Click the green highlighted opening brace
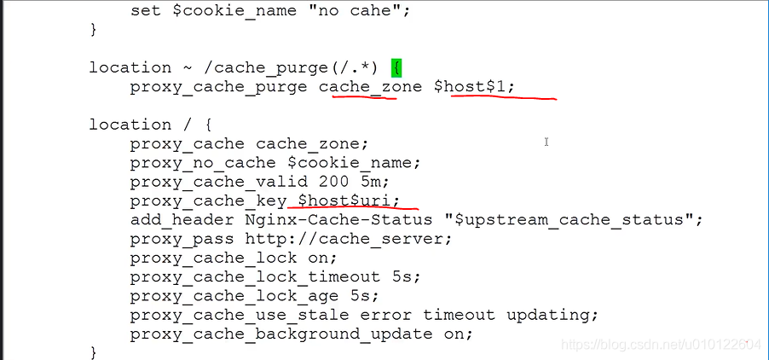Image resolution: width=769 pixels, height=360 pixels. click(x=396, y=67)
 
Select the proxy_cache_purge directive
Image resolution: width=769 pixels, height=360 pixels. click(x=218, y=87)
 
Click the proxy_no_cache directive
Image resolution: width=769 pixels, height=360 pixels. click(x=203, y=162)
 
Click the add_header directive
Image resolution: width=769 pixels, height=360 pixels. click(x=176, y=219)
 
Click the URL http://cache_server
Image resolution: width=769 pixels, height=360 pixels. click(x=349, y=238)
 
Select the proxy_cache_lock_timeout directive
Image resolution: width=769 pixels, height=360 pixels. click(x=255, y=276)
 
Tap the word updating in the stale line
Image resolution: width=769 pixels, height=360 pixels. click(x=552, y=314)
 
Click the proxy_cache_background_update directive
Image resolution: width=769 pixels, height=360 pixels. click(x=281, y=334)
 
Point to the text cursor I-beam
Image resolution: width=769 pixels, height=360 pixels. click(x=546, y=142)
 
